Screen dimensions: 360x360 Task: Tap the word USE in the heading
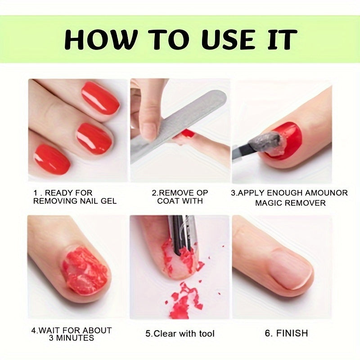228,39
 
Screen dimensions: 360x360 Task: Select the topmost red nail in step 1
100,98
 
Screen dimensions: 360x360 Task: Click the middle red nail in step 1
94,138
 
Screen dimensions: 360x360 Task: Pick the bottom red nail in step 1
52,159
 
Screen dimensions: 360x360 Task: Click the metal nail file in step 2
178,125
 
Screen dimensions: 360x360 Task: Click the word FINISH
292,333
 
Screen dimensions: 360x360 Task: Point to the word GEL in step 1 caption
108,201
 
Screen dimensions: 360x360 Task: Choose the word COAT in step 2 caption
168,201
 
